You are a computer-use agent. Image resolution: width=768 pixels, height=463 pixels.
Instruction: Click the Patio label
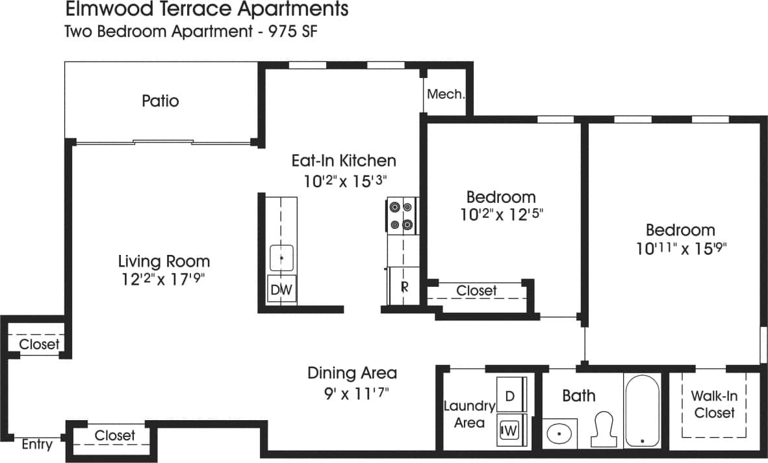(x=160, y=101)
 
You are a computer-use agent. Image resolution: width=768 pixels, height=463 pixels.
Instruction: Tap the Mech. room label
(x=446, y=94)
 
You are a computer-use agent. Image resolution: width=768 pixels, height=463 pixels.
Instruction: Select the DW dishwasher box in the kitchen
(x=281, y=290)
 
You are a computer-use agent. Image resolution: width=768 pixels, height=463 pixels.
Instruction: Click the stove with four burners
(x=401, y=216)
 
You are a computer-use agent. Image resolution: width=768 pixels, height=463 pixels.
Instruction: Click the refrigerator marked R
(x=403, y=286)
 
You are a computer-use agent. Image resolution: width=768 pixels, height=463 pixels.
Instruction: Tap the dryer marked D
(x=510, y=395)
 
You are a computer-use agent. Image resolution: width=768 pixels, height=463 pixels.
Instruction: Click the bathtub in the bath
(x=642, y=411)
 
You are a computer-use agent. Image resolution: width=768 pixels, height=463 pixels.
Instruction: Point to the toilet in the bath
(x=604, y=428)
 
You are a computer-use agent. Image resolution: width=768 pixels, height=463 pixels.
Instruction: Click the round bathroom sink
(x=559, y=432)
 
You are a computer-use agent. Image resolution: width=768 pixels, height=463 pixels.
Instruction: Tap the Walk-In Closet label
(x=714, y=404)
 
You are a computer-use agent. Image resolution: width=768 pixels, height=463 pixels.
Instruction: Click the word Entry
(x=37, y=445)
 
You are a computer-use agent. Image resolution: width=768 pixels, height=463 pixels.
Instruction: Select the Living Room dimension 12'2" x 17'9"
(x=164, y=280)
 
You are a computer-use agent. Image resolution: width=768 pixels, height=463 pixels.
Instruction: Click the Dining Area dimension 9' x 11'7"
(x=352, y=393)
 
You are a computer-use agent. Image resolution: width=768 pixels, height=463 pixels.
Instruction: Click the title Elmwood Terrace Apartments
(x=207, y=10)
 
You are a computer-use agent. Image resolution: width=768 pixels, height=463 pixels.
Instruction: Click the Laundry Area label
(x=469, y=414)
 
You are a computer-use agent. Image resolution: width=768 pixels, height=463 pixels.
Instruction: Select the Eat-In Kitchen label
(x=344, y=161)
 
